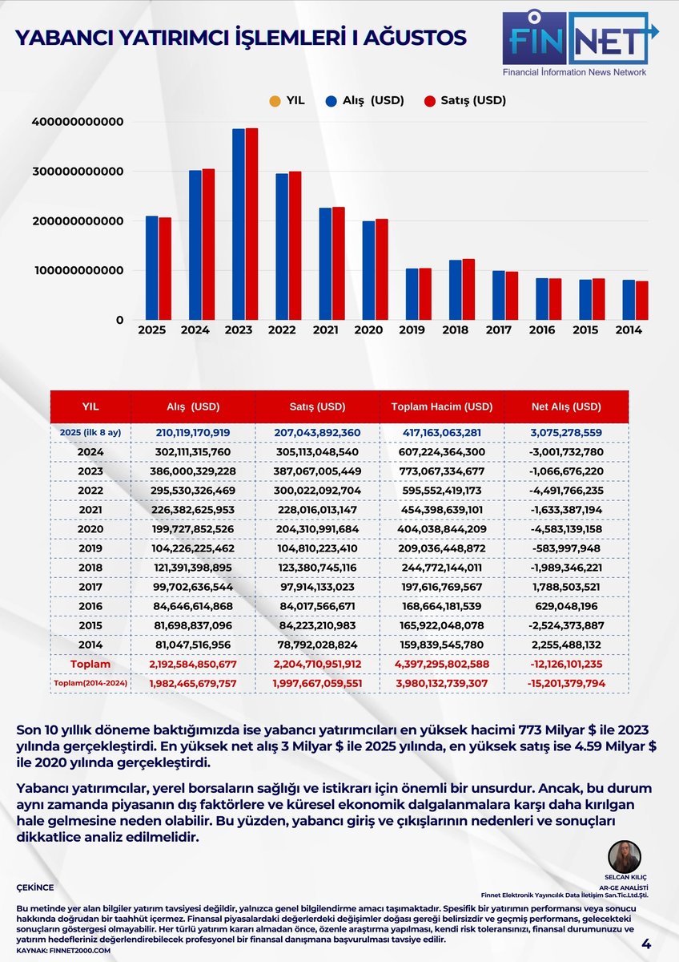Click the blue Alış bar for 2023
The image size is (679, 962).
click(x=239, y=224)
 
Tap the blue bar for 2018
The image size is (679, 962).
click(x=455, y=289)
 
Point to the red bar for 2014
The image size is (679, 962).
click(x=641, y=300)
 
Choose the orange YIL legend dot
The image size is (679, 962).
click(x=275, y=101)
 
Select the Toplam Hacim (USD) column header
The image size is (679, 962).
click(x=442, y=406)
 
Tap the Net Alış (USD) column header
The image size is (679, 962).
click(x=566, y=406)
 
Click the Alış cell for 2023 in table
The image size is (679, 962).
click(x=193, y=471)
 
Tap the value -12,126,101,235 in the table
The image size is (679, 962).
click(x=566, y=665)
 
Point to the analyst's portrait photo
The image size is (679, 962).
click(x=624, y=859)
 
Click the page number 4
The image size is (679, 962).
click(x=645, y=946)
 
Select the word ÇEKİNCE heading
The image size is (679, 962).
click(x=35, y=887)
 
